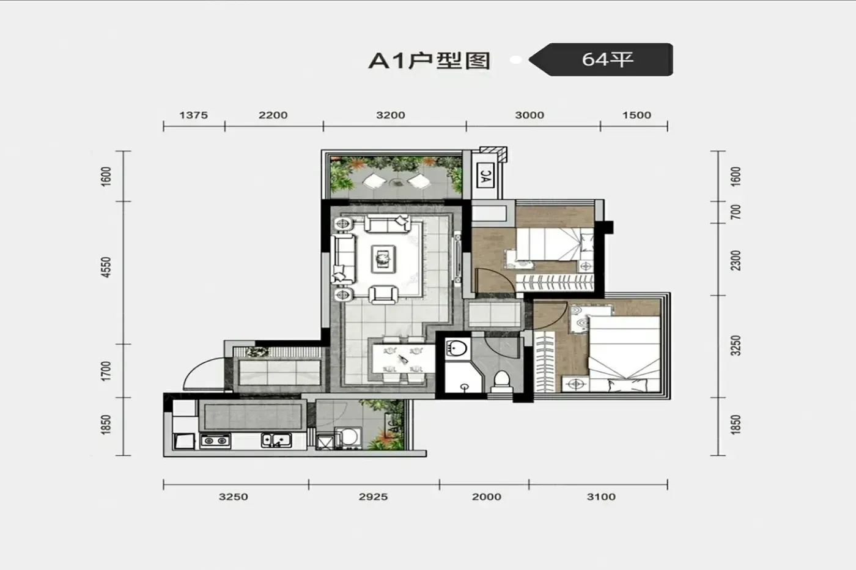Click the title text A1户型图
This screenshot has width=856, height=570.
[429, 60]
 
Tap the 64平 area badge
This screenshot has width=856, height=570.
[601, 59]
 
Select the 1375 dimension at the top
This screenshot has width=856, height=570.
[193, 115]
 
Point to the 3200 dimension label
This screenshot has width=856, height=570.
[391, 115]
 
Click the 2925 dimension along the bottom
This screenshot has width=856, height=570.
[374, 497]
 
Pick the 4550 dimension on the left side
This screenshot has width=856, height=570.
[106, 267]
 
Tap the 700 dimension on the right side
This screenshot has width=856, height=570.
[735, 212]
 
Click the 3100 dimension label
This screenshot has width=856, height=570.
[601, 497]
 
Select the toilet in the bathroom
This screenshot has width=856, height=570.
[502, 381]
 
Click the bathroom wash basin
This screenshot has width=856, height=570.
[457, 349]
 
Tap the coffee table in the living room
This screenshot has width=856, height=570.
[383, 259]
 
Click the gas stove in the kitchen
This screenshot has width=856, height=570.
[215, 441]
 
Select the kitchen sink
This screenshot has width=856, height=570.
[276, 440]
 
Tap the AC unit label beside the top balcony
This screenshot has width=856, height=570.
[485, 175]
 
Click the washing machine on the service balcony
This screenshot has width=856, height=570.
[348, 437]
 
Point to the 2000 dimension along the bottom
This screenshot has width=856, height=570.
[487, 497]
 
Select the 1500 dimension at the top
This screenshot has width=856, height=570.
[636, 115]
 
